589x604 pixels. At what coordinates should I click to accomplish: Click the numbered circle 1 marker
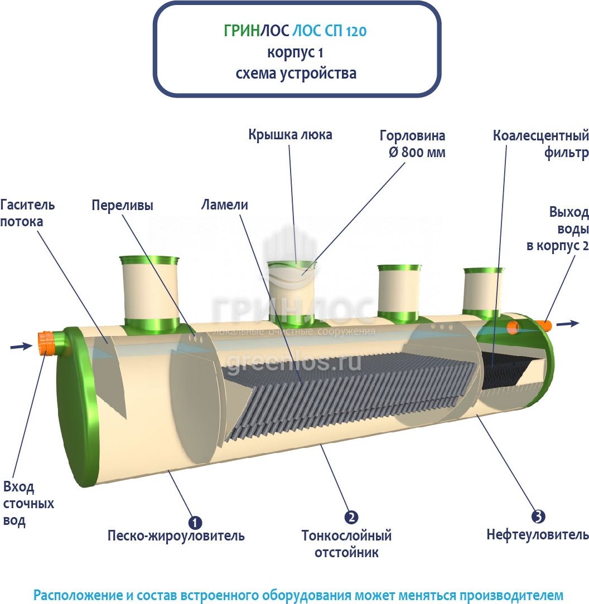[195, 522]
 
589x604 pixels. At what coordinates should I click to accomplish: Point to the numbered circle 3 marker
[538, 517]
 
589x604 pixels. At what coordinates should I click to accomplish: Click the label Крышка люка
[290, 134]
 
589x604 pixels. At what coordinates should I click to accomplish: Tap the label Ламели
[225, 205]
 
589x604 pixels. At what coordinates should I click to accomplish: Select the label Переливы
[122, 204]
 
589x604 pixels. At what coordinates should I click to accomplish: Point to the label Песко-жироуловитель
[176, 537]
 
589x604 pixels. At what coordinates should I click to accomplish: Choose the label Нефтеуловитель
[538, 535]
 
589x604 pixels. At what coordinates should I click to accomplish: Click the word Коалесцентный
[540, 135]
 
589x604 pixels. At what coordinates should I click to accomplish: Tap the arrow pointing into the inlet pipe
[21, 347]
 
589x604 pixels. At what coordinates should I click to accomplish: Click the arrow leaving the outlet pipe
[568, 323]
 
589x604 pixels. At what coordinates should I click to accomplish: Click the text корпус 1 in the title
[296, 52]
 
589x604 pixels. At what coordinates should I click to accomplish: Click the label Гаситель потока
[28, 212]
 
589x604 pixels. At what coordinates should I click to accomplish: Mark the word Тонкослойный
[346, 536]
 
